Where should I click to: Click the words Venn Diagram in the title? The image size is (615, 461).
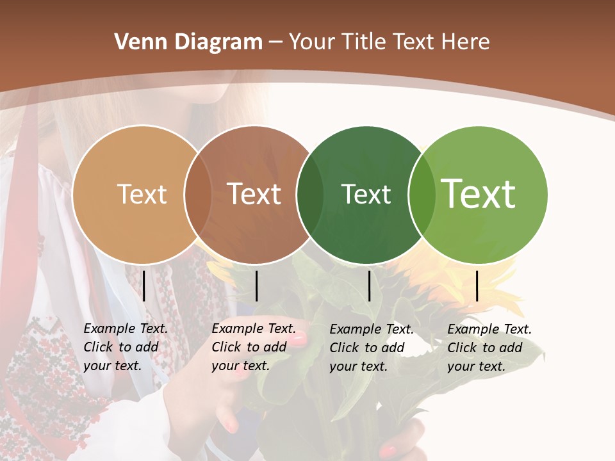point(188,42)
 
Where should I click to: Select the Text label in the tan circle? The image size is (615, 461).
point(142,194)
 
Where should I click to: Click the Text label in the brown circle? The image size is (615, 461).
point(254,194)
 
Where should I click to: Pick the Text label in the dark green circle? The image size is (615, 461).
point(366,194)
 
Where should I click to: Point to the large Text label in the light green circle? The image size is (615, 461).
point(479,193)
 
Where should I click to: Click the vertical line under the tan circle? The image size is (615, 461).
point(144,286)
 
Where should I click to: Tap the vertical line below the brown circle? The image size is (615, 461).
point(256,286)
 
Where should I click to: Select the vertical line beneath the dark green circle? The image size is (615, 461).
point(370,286)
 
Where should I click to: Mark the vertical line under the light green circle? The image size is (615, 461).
point(477,286)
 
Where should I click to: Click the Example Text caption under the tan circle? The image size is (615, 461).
point(126,347)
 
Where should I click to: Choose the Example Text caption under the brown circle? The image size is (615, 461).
point(254,347)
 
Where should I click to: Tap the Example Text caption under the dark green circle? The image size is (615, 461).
point(372,348)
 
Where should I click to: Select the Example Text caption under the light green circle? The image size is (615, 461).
point(489,348)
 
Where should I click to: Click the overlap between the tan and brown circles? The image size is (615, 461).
point(198,195)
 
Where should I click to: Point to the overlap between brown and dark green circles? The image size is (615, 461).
point(310,195)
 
